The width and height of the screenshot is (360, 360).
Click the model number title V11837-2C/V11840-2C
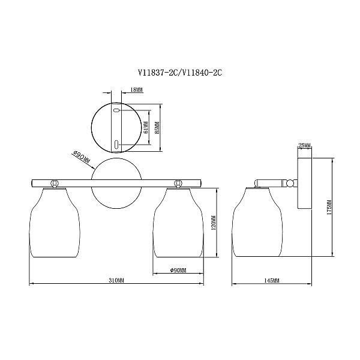[x=180, y=73]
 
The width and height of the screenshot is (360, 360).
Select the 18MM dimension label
[x=136, y=90]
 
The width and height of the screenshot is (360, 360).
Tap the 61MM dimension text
[x=146, y=128]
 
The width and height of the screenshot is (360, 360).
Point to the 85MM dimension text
[x=157, y=128]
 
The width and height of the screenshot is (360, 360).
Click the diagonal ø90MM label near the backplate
[x=81, y=158]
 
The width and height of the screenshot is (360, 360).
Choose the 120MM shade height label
[x=213, y=223]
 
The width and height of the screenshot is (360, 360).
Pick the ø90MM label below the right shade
[x=178, y=270]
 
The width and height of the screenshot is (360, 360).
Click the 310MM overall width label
[x=116, y=280]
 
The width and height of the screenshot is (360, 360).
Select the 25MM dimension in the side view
[x=304, y=146]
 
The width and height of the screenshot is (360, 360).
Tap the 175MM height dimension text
[x=329, y=208]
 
